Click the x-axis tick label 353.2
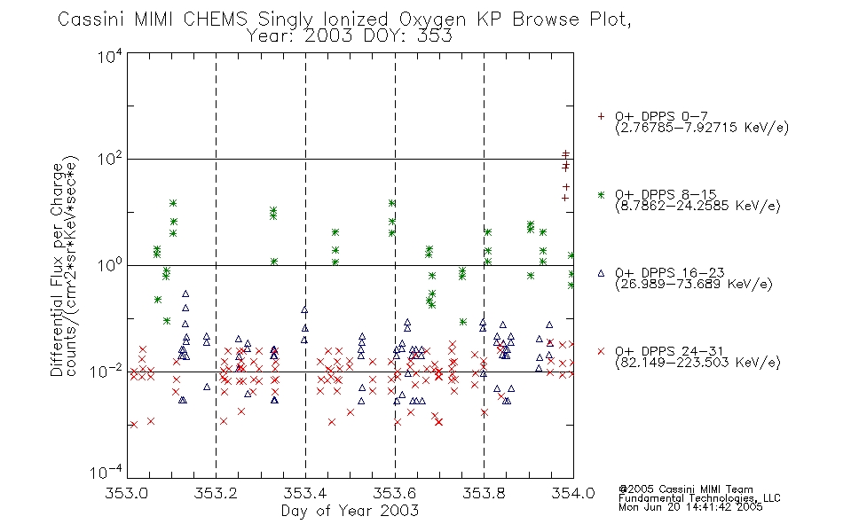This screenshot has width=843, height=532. [x=217, y=494]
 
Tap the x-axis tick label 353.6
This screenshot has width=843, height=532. [x=395, y=494]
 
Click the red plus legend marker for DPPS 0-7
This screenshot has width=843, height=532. [x=601, y=116]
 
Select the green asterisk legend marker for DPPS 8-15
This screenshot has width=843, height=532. [x=601, y=194]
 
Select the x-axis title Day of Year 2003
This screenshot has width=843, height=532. [x=350, y=511]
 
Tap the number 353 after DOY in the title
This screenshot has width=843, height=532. [x=436, y=36]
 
